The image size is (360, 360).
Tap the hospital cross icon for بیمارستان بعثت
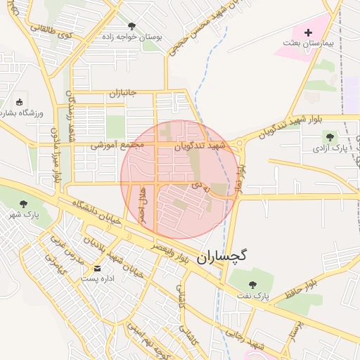(x=307, y=33)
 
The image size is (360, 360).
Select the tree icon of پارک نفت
(x=252, y=285)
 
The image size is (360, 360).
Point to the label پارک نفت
(x=252, y=296)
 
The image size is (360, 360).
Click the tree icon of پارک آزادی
(x=330, y=136)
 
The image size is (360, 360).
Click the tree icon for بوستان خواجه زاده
(x=131, y=26)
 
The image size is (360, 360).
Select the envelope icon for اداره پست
(x=97, y=269)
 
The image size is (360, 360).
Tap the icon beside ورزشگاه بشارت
(x=19, y=103)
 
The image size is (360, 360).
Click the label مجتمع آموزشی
(x=117, y=146)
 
